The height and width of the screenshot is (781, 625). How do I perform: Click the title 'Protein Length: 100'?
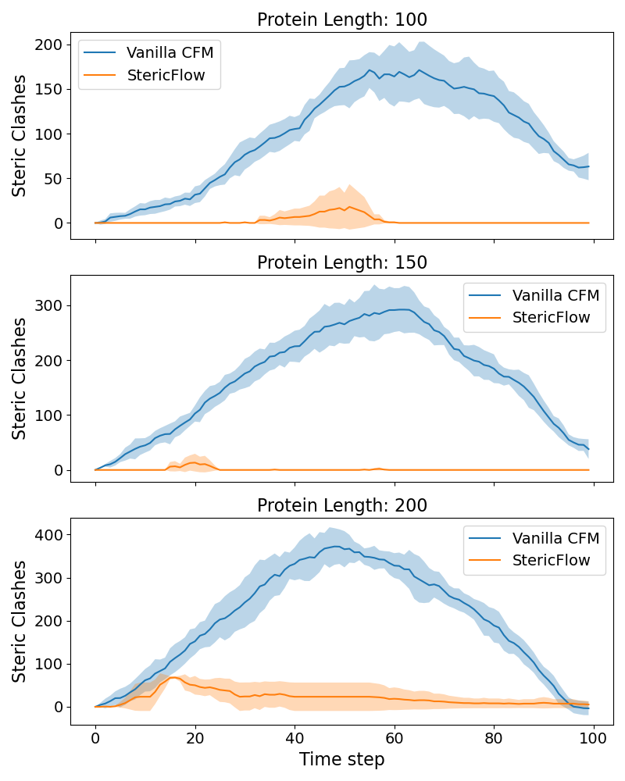342,20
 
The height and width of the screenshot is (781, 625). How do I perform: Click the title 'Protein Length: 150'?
342,262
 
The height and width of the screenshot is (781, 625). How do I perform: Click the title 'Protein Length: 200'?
342,505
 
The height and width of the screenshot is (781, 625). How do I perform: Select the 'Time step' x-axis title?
342,759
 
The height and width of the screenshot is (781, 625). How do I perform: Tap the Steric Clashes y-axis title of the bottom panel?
20,621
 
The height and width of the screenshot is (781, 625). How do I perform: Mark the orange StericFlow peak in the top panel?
350,207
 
